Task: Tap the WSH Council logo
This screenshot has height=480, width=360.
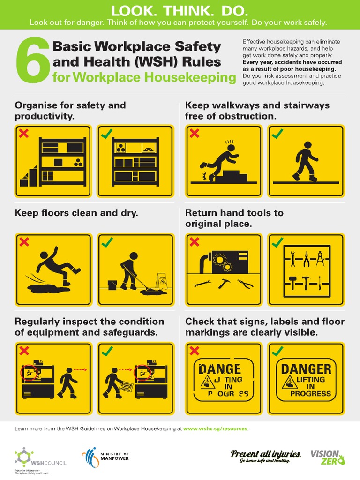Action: tap(40, 457)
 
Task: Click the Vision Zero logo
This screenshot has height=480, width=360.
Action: tap(327, 457)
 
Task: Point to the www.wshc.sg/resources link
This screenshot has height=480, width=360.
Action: tap(215, 428)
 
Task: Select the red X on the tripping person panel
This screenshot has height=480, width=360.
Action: tap(194, 134)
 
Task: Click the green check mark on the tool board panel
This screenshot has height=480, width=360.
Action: tap(277, 242)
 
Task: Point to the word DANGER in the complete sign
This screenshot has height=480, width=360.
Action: tap(306, 369)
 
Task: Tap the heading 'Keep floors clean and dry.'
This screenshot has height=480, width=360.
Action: tap(76, 213)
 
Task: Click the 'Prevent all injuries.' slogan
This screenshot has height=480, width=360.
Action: tap(266, 453)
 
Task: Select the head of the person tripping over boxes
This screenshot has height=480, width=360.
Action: tap(231, 148)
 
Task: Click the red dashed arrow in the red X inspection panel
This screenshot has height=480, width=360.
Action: tap(80, 370)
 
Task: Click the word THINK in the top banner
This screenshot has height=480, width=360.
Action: tap(180, 10)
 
